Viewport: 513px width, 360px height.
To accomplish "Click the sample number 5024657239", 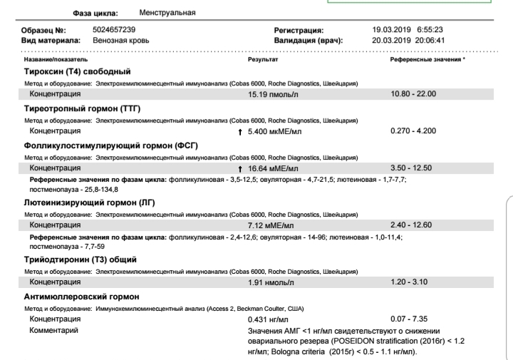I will click(114, 30).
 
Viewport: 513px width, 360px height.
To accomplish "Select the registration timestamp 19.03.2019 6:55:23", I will click(408, 30).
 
